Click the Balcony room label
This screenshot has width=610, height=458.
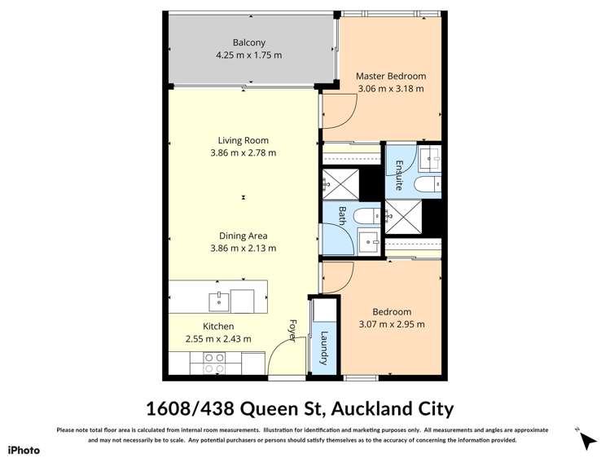248,42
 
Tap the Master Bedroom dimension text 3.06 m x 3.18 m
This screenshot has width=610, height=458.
390,90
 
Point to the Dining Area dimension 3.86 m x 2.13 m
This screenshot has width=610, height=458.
243,249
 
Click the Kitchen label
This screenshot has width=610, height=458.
218,326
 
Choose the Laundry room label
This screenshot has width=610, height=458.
323,347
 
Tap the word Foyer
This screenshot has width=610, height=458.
292,331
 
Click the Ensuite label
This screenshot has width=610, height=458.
399,175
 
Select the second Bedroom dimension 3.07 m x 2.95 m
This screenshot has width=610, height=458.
392,324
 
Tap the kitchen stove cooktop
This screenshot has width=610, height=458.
214,363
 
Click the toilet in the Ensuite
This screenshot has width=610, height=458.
428,185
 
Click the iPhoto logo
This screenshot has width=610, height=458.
24,449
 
